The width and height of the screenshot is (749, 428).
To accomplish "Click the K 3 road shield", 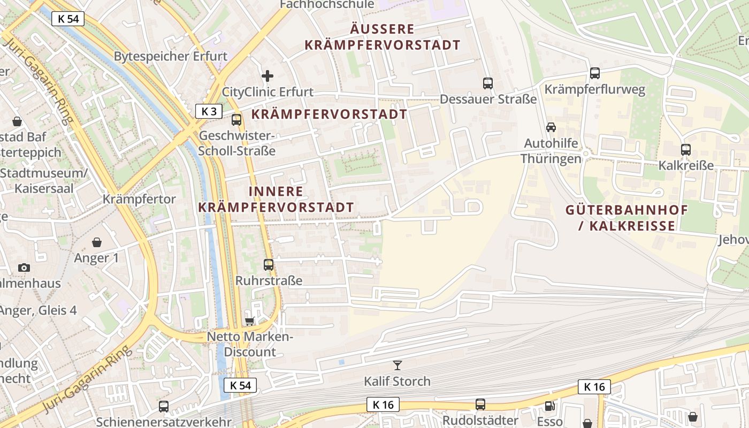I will tap(209, 111).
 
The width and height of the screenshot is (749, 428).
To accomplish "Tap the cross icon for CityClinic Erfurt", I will tap(267, 76).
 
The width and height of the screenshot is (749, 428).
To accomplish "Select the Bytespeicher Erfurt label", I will tap(171, 56).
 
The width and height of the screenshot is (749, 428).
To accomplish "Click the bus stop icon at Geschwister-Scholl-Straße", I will tap(236, 120).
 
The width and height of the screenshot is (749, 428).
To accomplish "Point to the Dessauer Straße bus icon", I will tap(488, 83).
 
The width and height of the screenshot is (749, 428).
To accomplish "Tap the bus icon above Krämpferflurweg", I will tap(595, 73).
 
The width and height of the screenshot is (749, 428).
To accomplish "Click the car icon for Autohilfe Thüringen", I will tap(551, 127).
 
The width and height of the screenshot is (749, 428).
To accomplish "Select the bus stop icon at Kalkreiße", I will tap(686, 150).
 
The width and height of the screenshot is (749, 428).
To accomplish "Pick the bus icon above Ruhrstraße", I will tap(269, 264).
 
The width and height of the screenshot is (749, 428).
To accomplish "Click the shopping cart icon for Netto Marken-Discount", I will tap(249, 321).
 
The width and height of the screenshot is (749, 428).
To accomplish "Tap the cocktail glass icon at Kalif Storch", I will tap(397, 365).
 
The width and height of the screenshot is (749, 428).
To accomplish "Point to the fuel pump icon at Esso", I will tap(549, 406).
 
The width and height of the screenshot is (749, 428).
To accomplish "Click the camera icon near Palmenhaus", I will tap(24, 267).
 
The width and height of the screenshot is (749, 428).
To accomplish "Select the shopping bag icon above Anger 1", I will tap(97, 242).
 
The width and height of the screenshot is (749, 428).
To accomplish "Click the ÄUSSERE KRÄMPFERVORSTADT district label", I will tap(383, 37).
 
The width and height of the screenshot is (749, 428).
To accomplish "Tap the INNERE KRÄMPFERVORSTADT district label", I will tap(276, 199).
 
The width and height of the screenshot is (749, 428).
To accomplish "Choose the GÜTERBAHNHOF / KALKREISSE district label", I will tap(627, 217).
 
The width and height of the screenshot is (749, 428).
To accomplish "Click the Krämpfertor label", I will tap(139, 200).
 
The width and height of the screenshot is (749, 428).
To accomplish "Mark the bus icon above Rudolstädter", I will tap(480, 404).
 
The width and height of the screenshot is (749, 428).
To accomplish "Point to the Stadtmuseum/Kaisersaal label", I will tap(44, 181).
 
